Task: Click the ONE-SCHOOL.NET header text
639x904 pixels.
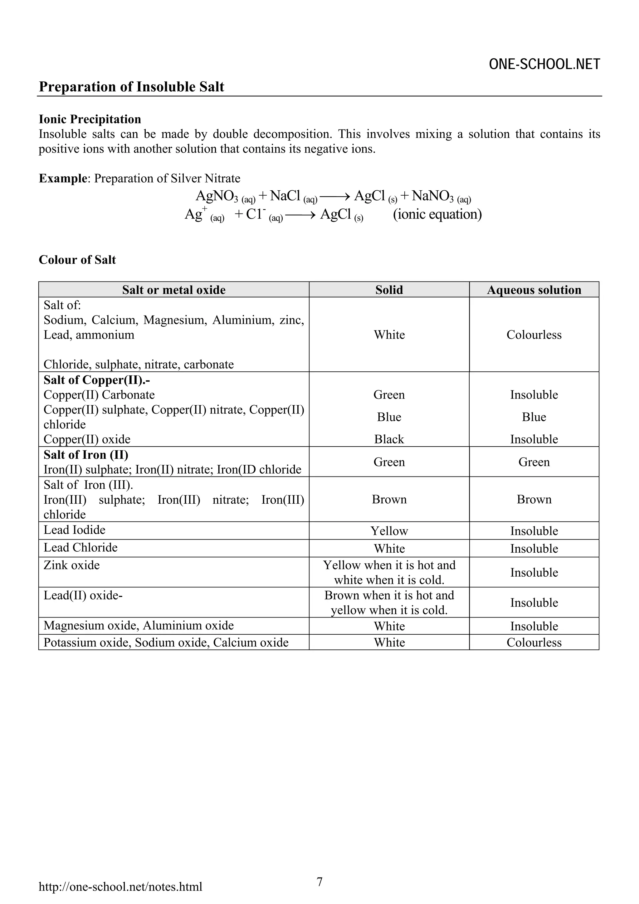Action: [x=544, y=64]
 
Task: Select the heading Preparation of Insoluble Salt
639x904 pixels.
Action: [x=131, y=87]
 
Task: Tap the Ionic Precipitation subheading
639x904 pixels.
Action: [x=90, y=119]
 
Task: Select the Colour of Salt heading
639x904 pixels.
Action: [x=77, y=260]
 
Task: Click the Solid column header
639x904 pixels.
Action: [x=389, y=290]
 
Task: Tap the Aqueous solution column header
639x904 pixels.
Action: [x=534, y=290]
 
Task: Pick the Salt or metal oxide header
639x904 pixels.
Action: [x=173, y=290]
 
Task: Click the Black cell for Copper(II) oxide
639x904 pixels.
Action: [x=389, y=439]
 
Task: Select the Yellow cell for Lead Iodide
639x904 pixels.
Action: [x=389, y=531]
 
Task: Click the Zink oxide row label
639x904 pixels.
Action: [x=72, y=565]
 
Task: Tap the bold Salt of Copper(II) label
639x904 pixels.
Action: [x=97, y=380]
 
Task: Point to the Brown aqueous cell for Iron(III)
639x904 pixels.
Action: [x=534, y=499]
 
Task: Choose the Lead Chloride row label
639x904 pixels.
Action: [x=81, y=547]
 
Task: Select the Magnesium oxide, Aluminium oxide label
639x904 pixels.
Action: [x=139, y=625]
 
